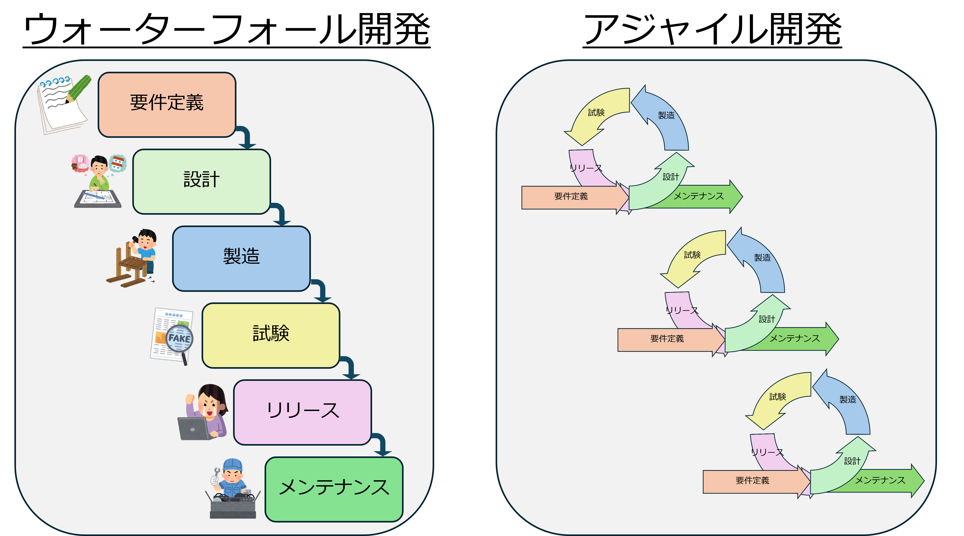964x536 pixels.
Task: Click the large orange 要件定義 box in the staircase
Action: pyautogui.click(x=167, y=105)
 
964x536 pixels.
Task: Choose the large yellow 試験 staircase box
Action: pyautogui.click(x=271, y=335)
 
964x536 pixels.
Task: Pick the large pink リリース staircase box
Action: pyautogui.click(x=302, y=412)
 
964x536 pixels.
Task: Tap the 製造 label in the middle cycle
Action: pyautogui.click(x=762, y=258)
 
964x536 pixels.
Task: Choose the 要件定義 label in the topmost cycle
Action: pyautogui.click(x=571, y=196)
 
